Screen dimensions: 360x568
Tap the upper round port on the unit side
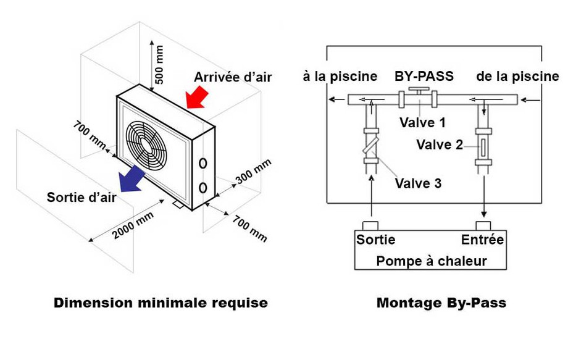tap(203, 164)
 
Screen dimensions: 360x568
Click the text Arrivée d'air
tap(233, 78)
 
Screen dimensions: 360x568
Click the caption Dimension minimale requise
tap(161, 303)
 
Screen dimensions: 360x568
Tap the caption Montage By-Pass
tap(441, 303)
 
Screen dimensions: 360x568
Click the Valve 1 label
tap(422, 122)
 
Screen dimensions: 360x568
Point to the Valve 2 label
tap(439, 145)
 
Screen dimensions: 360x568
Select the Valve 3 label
tap(418, 183)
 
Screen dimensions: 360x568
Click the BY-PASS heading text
tap(424, 77)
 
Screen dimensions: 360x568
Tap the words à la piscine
tap(340, 77)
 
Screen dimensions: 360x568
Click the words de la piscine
tap(517, 77)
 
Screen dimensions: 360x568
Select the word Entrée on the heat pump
tap(482, 240)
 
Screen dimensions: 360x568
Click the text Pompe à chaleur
tap(431, 261)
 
